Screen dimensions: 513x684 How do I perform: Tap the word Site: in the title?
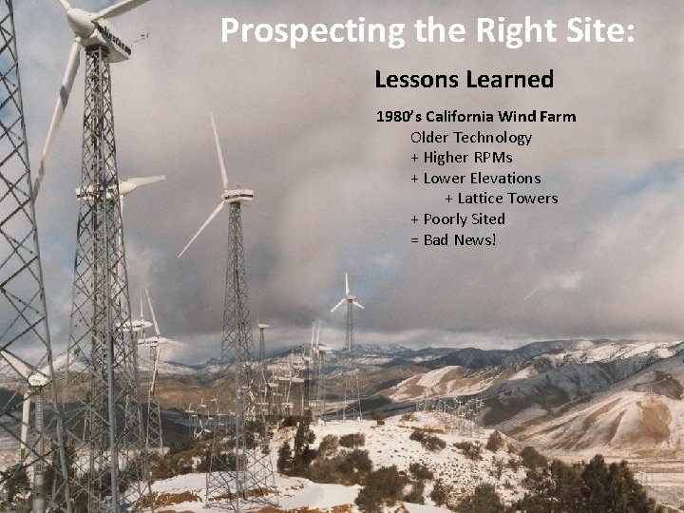[x=598, y=30]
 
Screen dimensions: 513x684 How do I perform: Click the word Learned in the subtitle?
[x=510, y=79]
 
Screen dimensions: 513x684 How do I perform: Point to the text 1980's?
[x=399, y=117]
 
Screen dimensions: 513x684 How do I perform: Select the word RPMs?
[x=491, y=158]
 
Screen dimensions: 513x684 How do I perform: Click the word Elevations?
[x=504, y=179]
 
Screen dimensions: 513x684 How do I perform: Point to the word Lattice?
[x=482, y=199]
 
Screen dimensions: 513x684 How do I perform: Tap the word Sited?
[x=490, y=219]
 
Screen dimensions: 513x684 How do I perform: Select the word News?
[x=475, y=239]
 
